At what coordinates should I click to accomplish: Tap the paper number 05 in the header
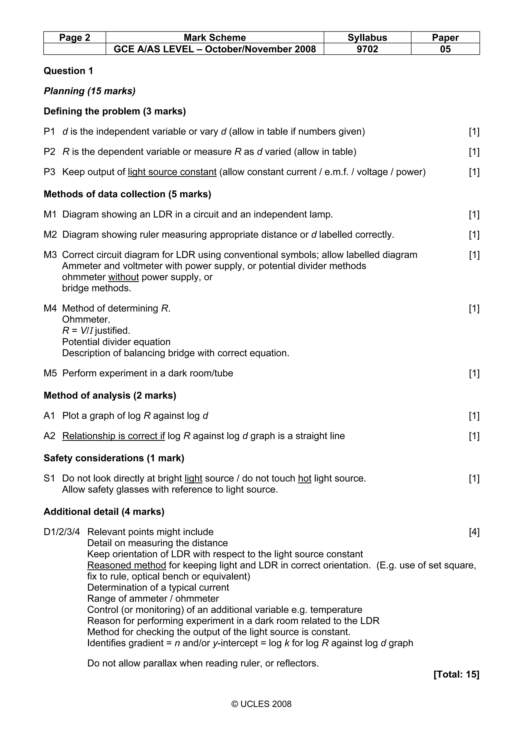click(x=445, y=49)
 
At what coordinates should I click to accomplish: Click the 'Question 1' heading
click(x=68, y=71)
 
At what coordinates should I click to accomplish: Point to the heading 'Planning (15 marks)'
click(x=90, y=91)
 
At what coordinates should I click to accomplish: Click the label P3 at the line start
click(x=50, y=172)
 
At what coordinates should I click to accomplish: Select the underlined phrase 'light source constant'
click(x=172, y=172)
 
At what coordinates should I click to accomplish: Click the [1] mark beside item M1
click(x=474, y=215)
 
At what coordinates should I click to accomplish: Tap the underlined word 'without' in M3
click(x=123, y=277)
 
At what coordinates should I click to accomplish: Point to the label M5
click(x=50, y=373)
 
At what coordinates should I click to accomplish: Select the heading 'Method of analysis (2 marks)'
click(x=110, y=396)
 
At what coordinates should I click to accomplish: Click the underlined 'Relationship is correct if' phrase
click(x=113, y=436)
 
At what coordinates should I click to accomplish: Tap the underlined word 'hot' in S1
click(x=304, y=479)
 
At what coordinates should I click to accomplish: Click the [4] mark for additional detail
click(x=474, y=532)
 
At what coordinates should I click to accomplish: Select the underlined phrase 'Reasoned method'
click(x=127, y=565)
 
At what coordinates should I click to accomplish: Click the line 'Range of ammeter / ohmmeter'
click(x=153, y=599)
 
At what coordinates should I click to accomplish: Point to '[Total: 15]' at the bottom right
click(x=456, y=675)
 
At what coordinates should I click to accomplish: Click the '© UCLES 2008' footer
click(x=261, y=704)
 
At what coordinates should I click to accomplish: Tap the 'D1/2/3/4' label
click(x=62, y=532)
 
